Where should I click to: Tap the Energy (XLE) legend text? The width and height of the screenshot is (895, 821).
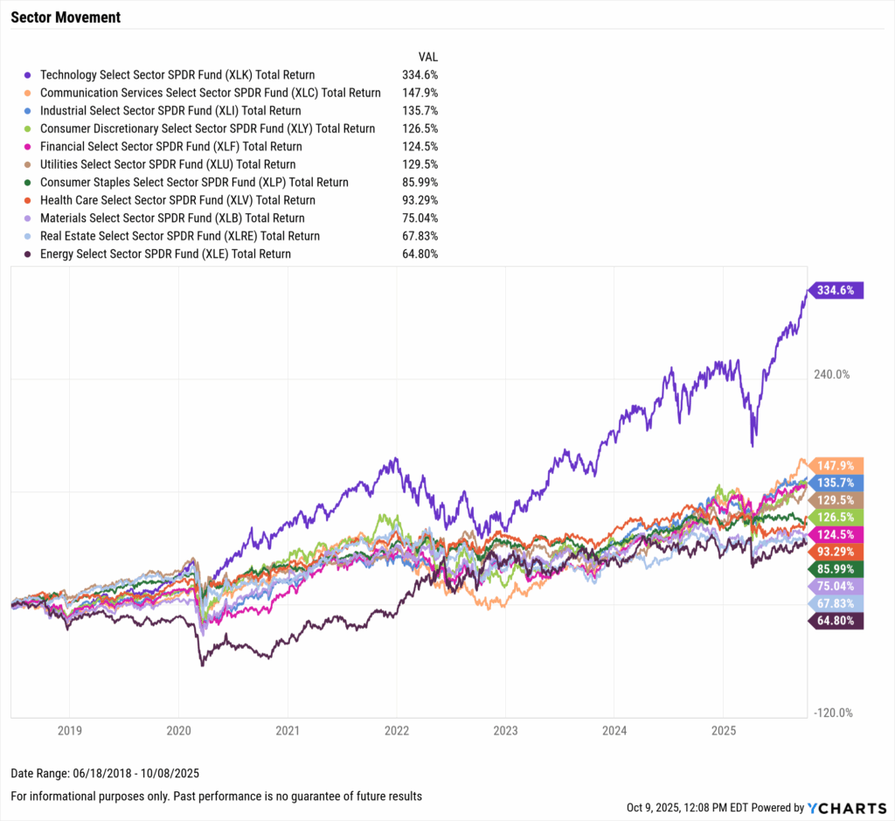(x=165, y=254)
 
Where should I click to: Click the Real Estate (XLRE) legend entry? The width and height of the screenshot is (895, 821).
(x=180, y=236)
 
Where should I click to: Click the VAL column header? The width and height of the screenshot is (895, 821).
(x=428, y=57)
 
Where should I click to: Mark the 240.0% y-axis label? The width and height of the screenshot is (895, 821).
(x=831, y=374)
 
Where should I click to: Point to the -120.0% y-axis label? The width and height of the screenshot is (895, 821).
(x=831, y=713)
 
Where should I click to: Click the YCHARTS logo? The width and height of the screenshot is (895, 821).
(x=847, y=808)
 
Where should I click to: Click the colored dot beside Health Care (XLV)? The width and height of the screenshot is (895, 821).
(x=29, y=201)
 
